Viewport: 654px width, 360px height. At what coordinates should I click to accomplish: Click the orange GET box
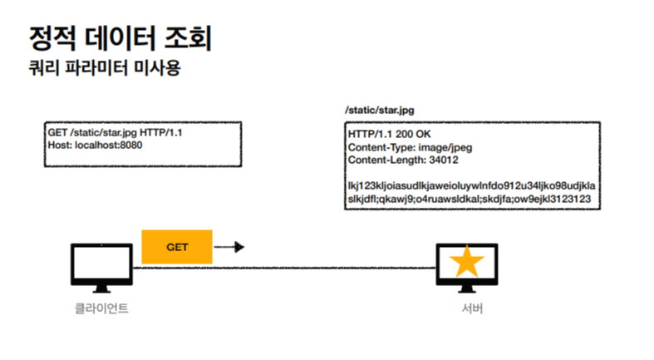[x=176, y=247]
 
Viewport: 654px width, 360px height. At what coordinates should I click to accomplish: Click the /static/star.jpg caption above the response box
[x=378, y=110]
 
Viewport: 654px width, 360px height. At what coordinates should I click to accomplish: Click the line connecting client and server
[x=332, y=268]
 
